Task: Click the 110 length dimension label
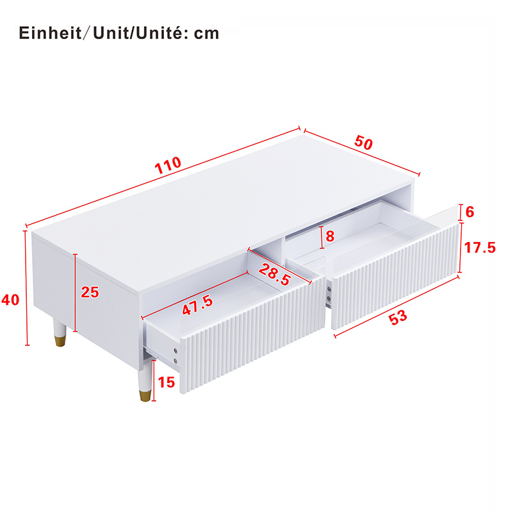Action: pos(168,166)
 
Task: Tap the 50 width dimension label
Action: pos(364,143)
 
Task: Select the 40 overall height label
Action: pos(10,300)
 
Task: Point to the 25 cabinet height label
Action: pos(90,292)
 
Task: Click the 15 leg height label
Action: pos(167,382)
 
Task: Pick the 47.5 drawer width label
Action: pos(197,305)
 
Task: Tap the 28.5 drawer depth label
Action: pos(275,275)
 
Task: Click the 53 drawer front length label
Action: pos(398,317)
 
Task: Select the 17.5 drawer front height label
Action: pos(480,248)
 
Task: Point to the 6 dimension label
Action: pos(469,212)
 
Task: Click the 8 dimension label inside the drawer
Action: pos(330,236)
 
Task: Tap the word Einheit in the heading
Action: pos(50,33)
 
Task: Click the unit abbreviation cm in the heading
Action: pos(206,33)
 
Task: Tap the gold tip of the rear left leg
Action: pos(60,341)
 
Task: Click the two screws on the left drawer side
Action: pos(175,355)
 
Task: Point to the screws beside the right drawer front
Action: pos(329,294)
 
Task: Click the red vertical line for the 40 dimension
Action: pos(26,288)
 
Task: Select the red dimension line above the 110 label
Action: pos(163,177)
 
